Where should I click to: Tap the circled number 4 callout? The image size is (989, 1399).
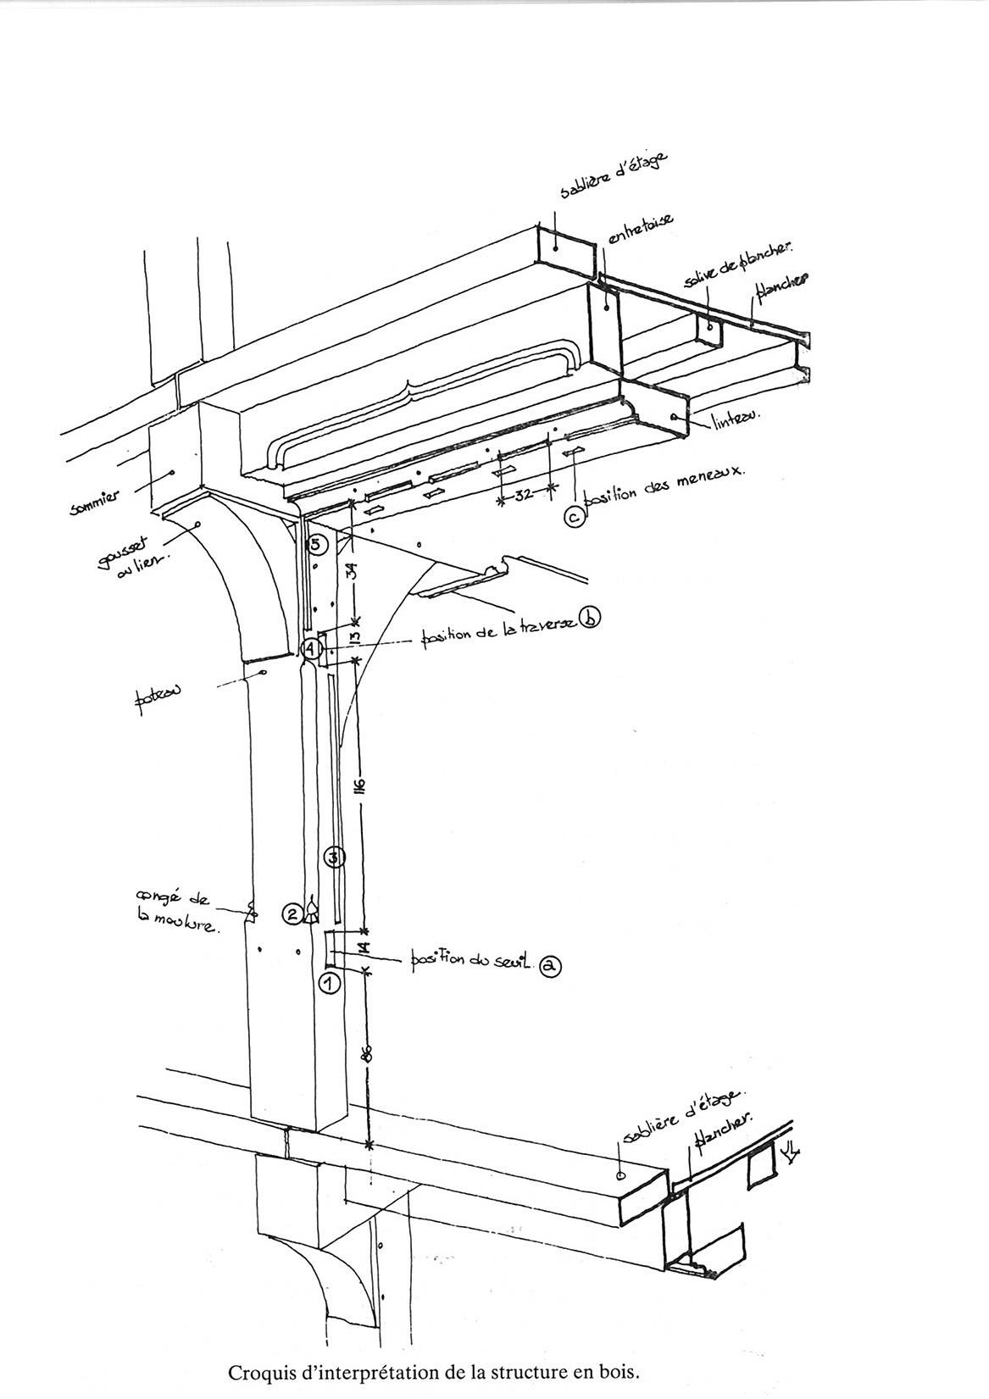(312, 650)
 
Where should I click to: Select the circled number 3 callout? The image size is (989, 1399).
(335, 857)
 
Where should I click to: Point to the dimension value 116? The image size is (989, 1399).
(360, 784)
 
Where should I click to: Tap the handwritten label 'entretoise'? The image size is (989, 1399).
(642, 232)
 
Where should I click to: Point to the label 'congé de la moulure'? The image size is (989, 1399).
(176, 911)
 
